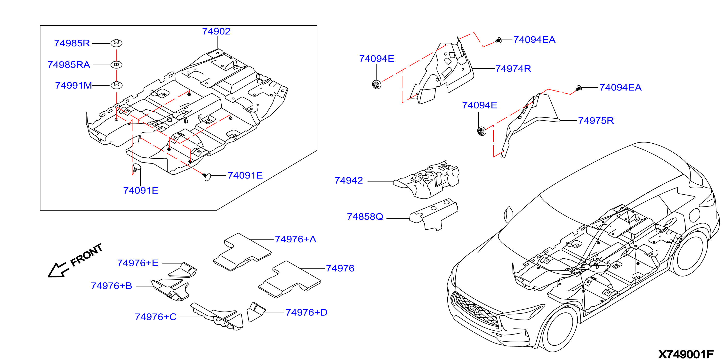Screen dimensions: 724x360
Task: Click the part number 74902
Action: [x=217, y=31]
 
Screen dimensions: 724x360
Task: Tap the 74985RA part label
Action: [x=69, y=65]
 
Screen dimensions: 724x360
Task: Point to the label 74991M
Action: [x=73, y=85]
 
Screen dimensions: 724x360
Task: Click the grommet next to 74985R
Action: [x=116, y=43]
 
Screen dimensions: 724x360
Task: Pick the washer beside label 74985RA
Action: [x=116, y=65]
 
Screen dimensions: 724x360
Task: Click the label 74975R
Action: [x=596, y=121]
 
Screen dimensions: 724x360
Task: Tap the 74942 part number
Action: [x=349, y=180]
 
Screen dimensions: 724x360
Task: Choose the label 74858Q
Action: [x=365, y=217]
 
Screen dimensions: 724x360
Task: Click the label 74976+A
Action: [x=295, y=239]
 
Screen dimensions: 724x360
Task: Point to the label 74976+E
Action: [x=138, y=263]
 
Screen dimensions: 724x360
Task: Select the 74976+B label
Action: [x=112, y=286]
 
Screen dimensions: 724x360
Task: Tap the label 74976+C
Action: [x=156, y=317]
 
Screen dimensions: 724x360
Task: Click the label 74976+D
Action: [x=306, y=312]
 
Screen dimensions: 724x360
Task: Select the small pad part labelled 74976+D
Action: [x=256, y=312]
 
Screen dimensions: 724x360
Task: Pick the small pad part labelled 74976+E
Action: [x=183, y=270]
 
